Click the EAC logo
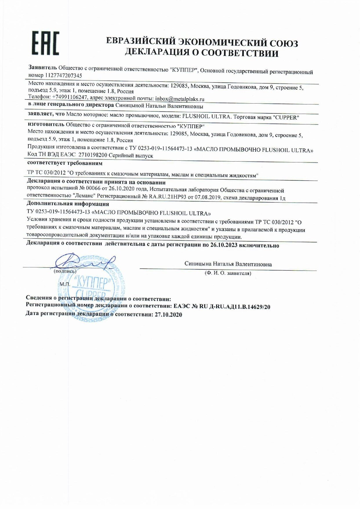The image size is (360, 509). coord(45,43)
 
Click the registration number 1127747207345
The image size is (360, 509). coord(63,75)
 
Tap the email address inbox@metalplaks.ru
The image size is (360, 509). coord(180,99)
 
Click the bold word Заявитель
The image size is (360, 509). coord(43,67)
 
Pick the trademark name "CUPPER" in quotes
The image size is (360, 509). coord(286,117)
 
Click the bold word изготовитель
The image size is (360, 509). coord(46,124)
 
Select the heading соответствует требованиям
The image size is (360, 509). coord(65,163)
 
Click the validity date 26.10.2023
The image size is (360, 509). coord(224,245)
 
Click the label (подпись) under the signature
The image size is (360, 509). coord(65,271)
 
